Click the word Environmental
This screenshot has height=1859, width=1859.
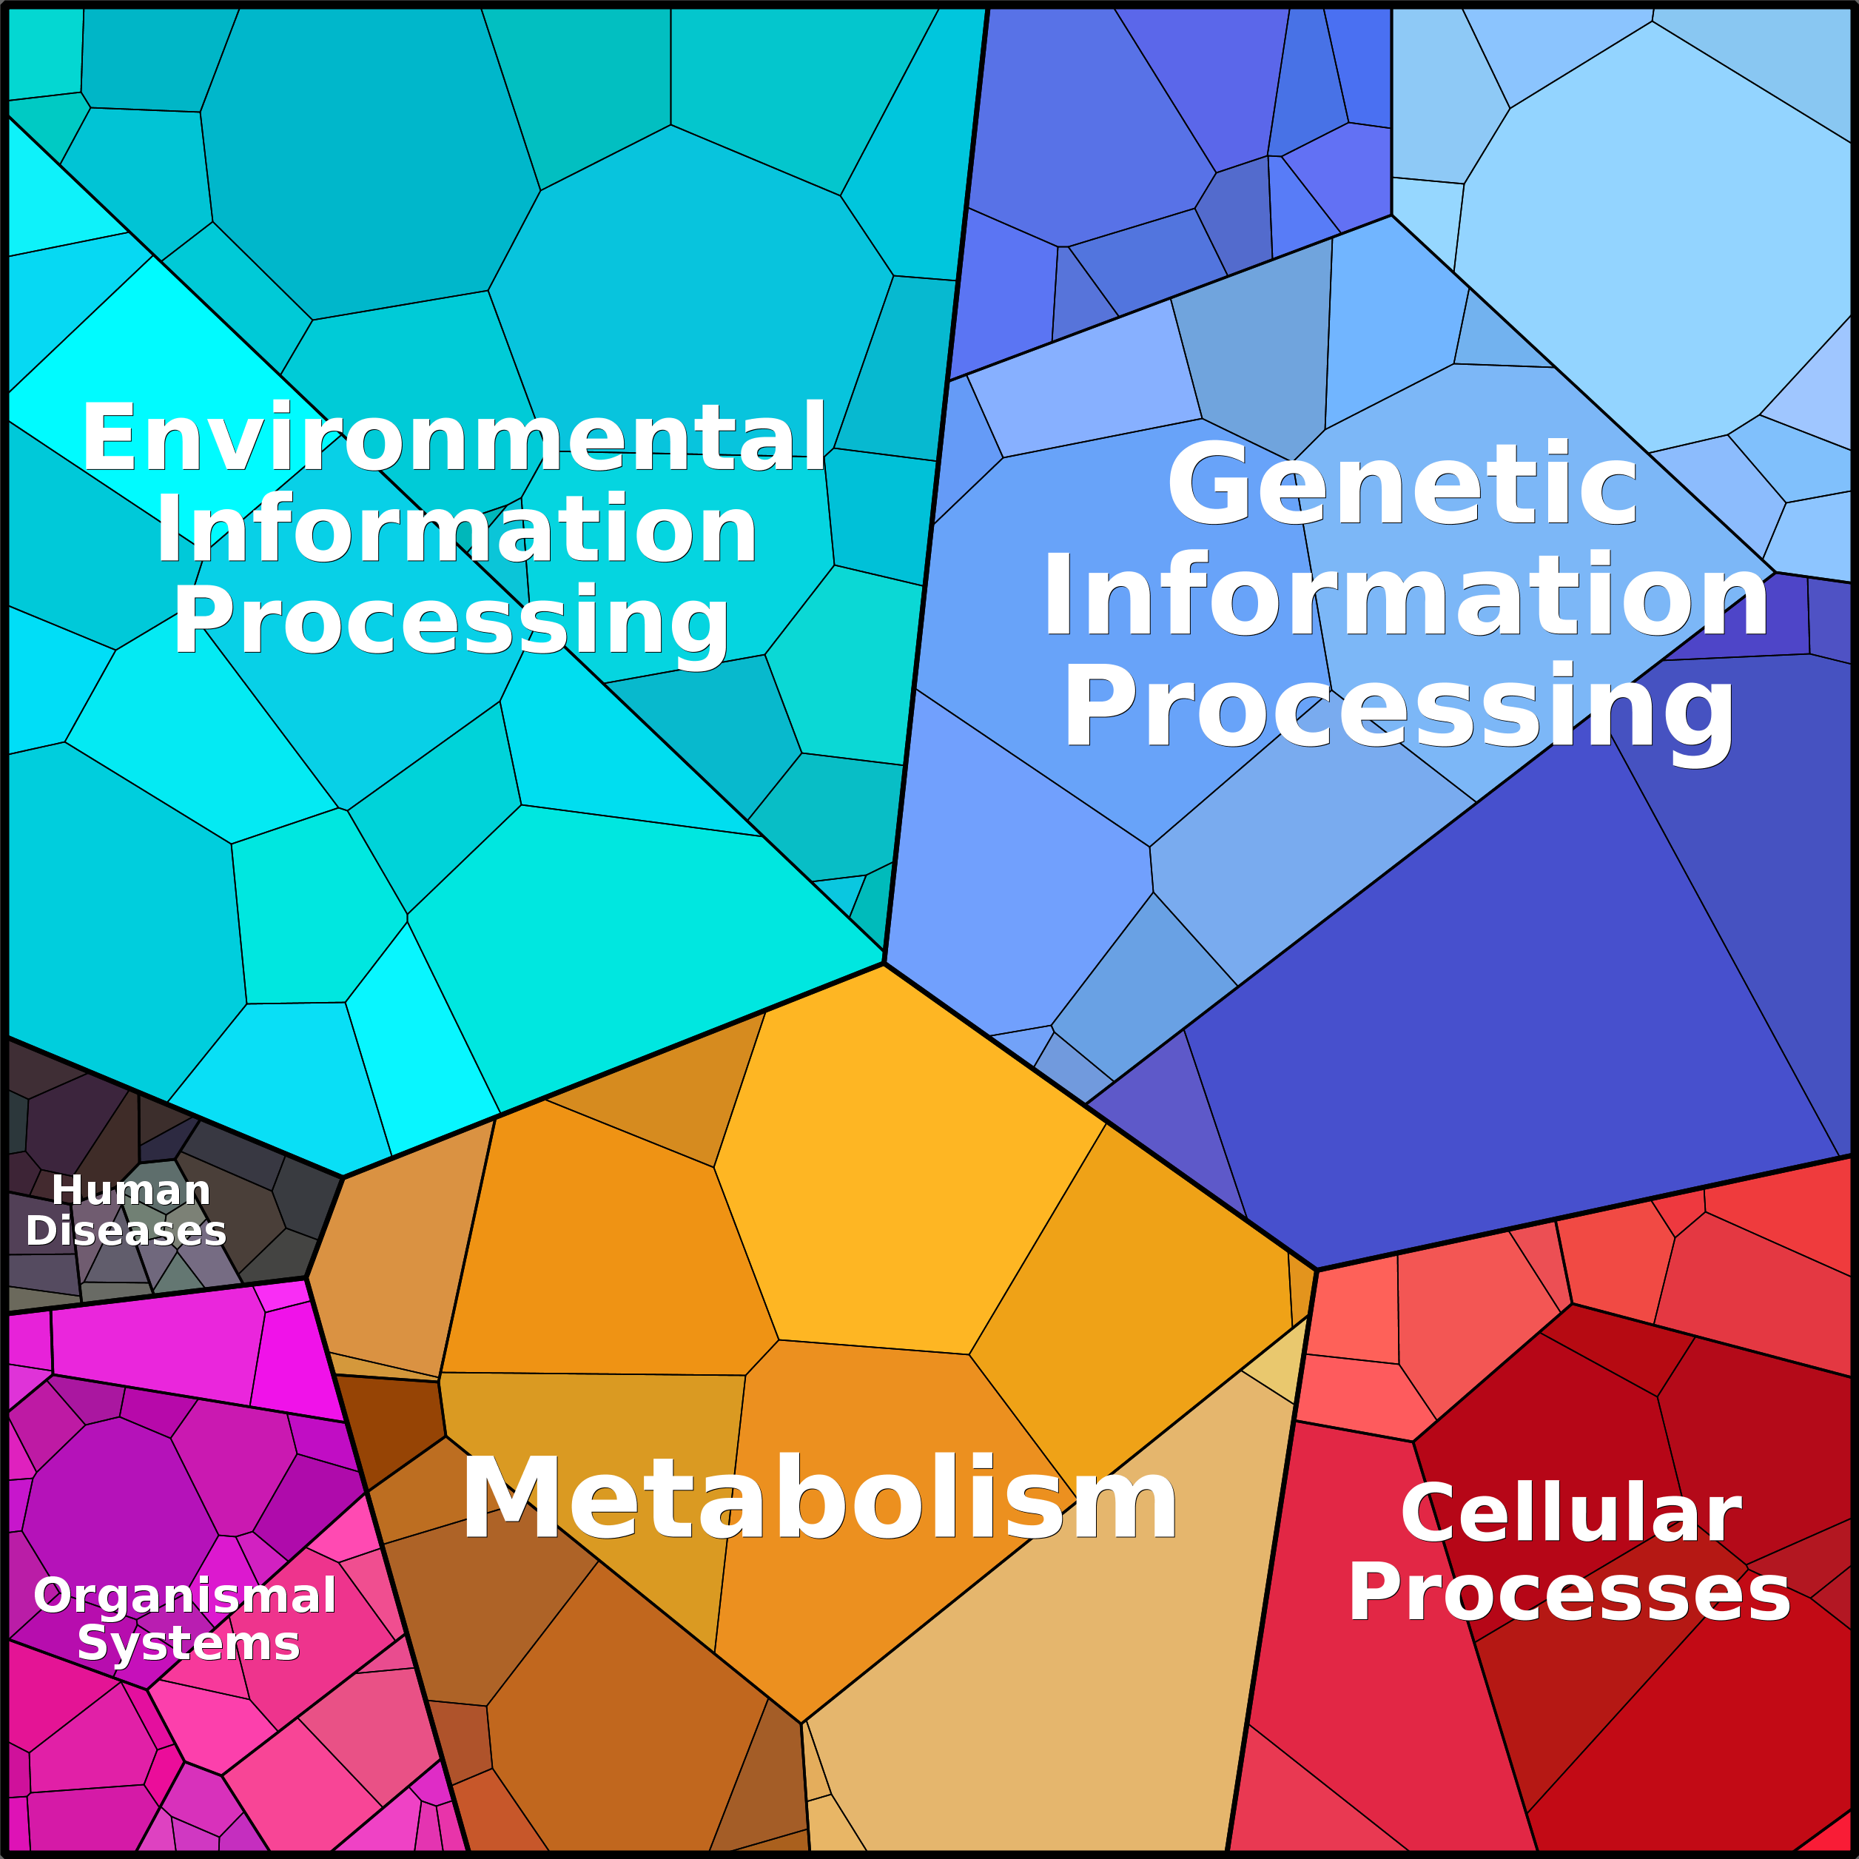453,438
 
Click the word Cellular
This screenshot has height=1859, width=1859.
1570,1513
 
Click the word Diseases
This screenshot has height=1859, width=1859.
126,1231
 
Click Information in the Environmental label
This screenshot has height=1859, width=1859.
456,530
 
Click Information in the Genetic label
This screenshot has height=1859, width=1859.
1405,596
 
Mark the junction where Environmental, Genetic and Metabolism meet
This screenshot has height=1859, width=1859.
884,962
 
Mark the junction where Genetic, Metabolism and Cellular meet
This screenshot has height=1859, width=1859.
1317,1270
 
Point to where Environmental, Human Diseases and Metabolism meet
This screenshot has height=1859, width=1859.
343,1177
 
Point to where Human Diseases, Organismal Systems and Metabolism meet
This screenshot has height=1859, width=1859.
306,1278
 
